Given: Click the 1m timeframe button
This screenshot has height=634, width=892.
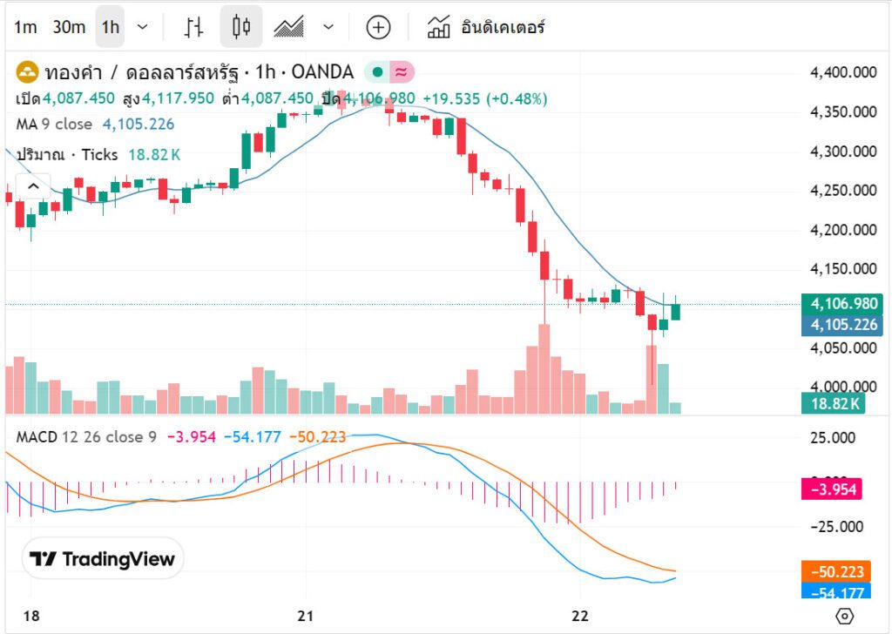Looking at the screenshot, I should tap(25, 27).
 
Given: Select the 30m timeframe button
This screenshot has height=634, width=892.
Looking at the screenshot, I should tap(69, 27).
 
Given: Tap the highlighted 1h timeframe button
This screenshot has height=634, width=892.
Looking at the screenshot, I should tap(110, 27).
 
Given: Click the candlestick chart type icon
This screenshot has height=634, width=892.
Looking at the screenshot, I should tap(241, 27).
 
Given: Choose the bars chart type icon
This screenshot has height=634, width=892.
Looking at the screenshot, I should tap(193, 27).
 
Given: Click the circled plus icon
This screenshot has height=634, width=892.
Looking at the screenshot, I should tap(377, 27).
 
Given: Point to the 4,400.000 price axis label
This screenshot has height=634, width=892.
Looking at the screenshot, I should tap(842, 72).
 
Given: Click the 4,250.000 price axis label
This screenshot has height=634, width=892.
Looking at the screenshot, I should tap(842, 191).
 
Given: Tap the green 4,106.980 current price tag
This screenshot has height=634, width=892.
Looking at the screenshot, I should tap(842, 304).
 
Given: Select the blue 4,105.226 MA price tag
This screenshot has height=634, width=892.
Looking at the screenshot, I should tap(842, 325).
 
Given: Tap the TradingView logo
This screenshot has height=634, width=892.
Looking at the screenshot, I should tap(103, 559).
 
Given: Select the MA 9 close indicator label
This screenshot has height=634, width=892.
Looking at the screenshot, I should tap(54, 125).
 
